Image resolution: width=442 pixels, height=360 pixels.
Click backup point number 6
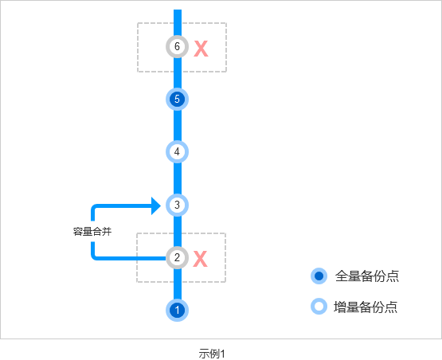click(177, 46)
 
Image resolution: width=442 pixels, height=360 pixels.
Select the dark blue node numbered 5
click(177, 100)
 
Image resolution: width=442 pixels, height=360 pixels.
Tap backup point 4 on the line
click(177, 152)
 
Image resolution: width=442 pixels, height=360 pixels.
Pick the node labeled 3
click(177, 205)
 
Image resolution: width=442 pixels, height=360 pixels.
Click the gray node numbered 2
click(177, 258)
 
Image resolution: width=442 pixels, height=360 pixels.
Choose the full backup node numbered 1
click(177, 310)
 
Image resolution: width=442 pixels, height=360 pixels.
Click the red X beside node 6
click(201, 49)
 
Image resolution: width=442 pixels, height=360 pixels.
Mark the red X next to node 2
click(201, 259)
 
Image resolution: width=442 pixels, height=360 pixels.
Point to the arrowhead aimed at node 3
click(156, 205)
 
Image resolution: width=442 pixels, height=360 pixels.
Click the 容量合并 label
click(92, 232)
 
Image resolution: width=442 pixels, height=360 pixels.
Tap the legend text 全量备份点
click(367, 276)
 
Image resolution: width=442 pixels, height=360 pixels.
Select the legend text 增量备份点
click(366, 307)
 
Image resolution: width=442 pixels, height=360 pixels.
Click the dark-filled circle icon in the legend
click(319, 276)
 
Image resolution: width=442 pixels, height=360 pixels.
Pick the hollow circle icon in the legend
click(319, 307)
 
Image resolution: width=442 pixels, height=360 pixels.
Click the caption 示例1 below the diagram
click(212, 354)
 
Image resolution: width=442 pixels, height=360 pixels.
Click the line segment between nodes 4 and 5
click(178, 126)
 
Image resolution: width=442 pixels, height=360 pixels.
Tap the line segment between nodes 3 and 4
click(178, 178)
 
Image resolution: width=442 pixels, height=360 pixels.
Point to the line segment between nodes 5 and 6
click(178, 73)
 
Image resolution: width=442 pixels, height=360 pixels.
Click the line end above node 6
click(178, 10)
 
